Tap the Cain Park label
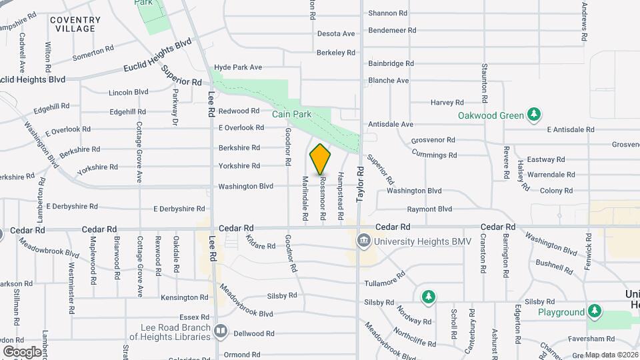pyautogui.click(x=292, y=114)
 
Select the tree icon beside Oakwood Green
pyautogui.click(x=533, y=115)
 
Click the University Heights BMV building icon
pyautogui.click(x=364, y=241)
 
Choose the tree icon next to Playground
pyautogui.click(x=595, y=311)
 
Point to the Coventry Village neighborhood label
pyautogui.click(x=75, y=25)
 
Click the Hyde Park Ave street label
pyautogui.click(x=238, y=67)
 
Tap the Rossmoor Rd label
pyautogui.click(x=322, y=198)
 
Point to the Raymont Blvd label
pyautogui.click(x=429, y=209)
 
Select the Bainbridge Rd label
pyautogui.click(x=391, y=63)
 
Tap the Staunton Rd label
pyautogui.click(x=485, y=79)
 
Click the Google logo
pyautogui.click(x=22, y=351)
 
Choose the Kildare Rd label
pyautogui.click(x=261, y=243)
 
